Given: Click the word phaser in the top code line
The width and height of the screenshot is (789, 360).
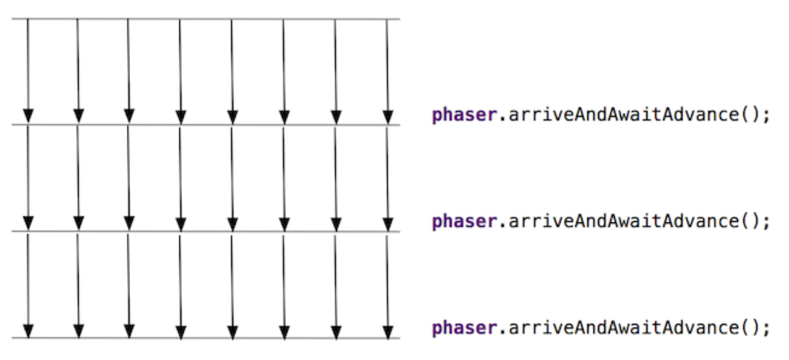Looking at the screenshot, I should click(464, 115).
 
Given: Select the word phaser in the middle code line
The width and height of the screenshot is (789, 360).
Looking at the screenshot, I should click(464, 222).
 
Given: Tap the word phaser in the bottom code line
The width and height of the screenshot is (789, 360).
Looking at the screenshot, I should click(464, 328).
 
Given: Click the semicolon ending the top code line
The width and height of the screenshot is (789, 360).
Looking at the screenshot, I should click(766, 116).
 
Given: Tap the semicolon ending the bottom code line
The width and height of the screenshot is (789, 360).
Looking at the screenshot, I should click(766, 329).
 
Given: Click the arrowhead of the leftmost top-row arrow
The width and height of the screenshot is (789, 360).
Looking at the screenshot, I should click(29, 116).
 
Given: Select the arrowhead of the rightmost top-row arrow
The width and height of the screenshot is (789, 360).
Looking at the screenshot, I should click(388, 117).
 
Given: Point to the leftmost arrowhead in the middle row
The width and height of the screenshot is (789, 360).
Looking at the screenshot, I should click(29, 223).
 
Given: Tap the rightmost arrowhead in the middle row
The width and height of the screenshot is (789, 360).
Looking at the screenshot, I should click(388, 224).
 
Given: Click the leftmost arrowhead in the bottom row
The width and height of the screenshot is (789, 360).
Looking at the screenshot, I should click(29, 330).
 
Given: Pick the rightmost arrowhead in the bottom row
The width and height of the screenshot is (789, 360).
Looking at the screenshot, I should click(388, 331).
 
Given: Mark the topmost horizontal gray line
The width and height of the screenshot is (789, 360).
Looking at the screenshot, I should click(205, 19).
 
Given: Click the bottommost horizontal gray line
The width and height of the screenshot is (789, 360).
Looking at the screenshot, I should click(205, 338).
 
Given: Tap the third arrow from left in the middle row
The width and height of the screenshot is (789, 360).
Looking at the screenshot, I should click(129, 173).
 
